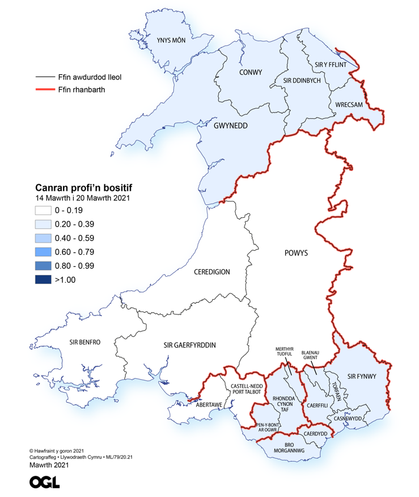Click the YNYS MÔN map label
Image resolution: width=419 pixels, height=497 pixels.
pos(171,41)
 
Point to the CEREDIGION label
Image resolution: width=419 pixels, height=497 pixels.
pos(212,272)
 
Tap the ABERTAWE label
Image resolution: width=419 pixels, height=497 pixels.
pos(209,405)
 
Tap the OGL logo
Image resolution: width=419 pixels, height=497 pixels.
pos(44,482)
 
